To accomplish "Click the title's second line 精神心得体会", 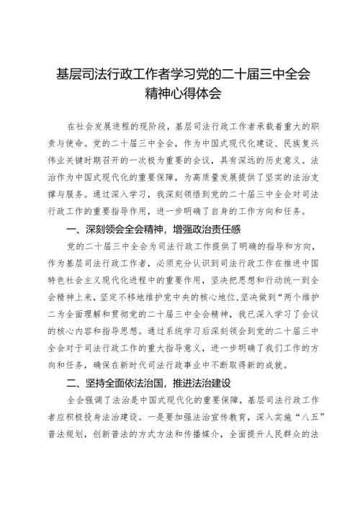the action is coord(179,93).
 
